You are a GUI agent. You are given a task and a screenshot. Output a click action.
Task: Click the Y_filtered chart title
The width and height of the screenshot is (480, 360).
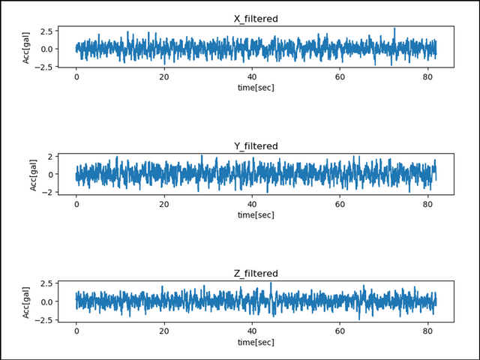pos(256,145)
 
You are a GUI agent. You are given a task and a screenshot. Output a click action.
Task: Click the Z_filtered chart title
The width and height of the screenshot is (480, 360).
pos(256,273)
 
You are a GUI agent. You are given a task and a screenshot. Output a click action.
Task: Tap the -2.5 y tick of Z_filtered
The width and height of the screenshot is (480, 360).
pos(43,320)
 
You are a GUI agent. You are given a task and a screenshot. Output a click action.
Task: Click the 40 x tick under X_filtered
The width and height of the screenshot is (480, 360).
pos(252,77)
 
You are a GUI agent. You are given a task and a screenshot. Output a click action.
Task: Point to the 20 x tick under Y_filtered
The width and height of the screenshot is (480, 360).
pos(164,204)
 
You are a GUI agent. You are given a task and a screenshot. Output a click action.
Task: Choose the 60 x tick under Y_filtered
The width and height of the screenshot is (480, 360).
pos(340,204)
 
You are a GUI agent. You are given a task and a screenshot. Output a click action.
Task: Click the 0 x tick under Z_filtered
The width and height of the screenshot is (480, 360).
pos(76,331)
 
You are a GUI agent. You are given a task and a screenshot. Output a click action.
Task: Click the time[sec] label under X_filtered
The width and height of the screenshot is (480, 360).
pos(256,88)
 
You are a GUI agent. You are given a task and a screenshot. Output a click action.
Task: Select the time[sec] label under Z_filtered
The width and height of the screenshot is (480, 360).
pos(256,341)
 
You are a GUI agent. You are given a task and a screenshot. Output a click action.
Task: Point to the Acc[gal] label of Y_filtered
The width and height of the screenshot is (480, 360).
pos(34,175)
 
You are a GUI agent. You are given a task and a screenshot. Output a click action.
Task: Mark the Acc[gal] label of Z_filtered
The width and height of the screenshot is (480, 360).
pos(27,301)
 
